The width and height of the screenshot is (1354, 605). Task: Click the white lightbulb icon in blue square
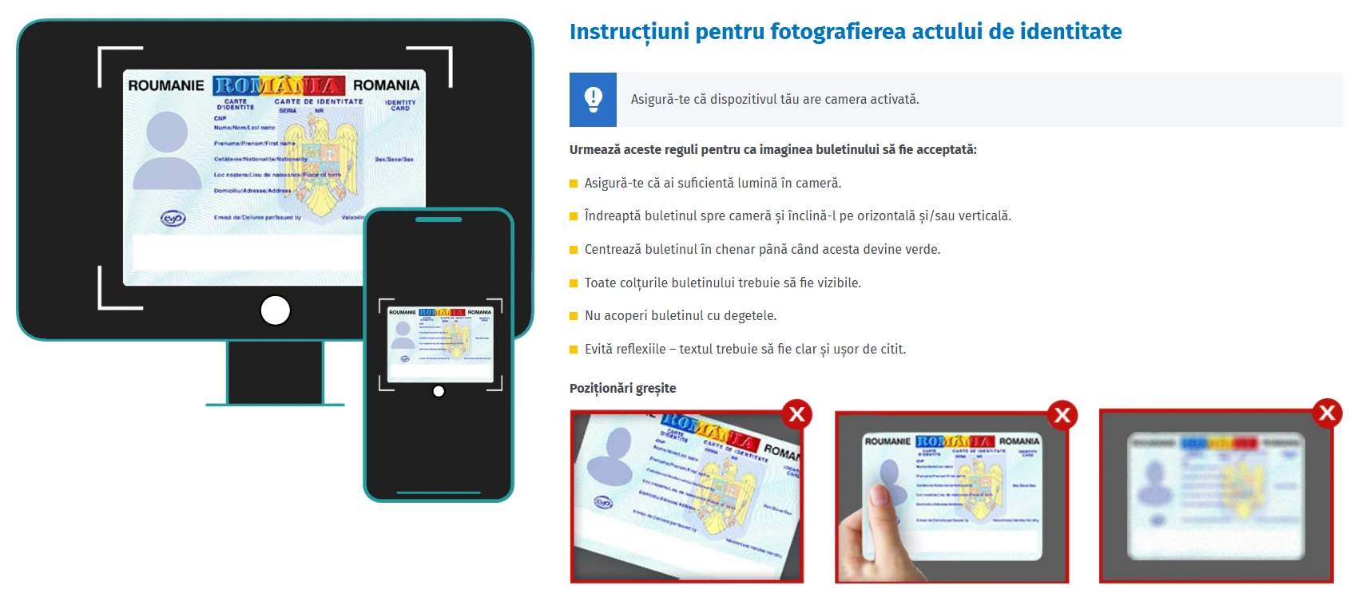[x=593, y=100]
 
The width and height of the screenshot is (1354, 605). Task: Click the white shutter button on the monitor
[x=276, y=310]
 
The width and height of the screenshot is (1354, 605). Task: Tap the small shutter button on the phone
[x=439, y=391]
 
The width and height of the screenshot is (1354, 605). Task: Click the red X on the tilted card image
[x=796, y=413]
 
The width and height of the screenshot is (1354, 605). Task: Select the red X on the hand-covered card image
[x=1062, y=415]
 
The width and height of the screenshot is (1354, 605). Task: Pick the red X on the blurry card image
[x=1327, y=413]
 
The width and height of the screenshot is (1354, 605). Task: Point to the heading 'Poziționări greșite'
[x=622, y=389]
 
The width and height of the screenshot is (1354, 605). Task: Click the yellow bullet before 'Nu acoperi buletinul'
[x=574, y=316]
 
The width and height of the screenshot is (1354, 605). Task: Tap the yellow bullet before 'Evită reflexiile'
[x=574, y=350]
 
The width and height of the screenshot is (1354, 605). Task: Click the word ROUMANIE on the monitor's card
[x=166, y=85]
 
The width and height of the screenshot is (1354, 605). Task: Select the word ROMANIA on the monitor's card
[x=386, y=85]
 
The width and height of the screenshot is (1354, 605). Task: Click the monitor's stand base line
[x=275, y=405]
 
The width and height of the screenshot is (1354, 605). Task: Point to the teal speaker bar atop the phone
[x=439, y=219]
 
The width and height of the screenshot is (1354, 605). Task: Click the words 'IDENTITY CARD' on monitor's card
[x=400, y=105]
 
